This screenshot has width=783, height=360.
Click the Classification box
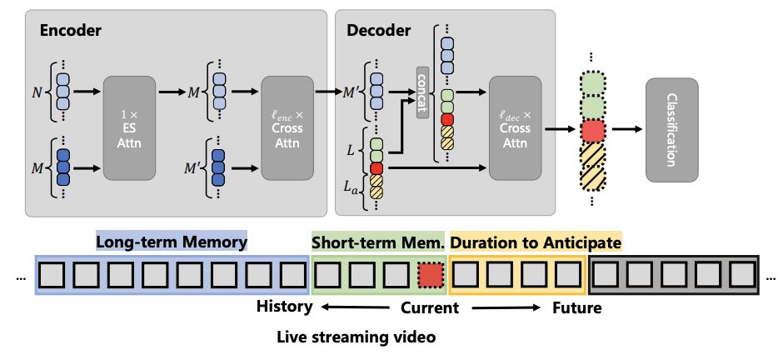tap(672, 129)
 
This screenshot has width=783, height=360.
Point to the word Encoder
tap(70, 31)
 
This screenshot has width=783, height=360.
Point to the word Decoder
tap(379, 31)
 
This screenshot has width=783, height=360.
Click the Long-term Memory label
tap(172, 242)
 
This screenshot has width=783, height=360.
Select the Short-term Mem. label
tap(377, 242)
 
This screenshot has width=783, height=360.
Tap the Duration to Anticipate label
tap(536, 242)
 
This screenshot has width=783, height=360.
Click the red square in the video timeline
tap(430, 274)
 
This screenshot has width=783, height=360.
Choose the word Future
tap(576, 307)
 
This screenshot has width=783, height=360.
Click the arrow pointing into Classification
tap(628, 129)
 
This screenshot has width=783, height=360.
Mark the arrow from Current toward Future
tap(504, 307)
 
